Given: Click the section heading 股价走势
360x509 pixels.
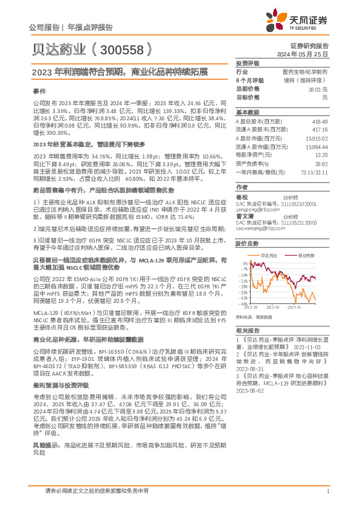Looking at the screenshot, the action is [247, 226].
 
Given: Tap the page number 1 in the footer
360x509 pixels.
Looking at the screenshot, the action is [327, 493].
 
